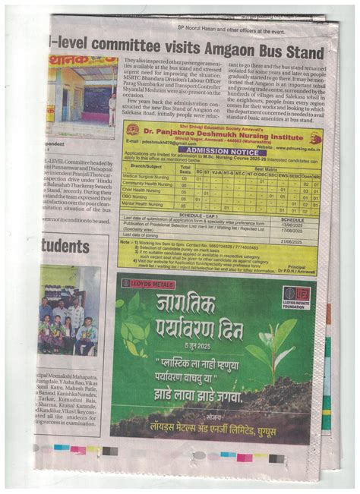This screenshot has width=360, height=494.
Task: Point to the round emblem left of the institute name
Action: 134,131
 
